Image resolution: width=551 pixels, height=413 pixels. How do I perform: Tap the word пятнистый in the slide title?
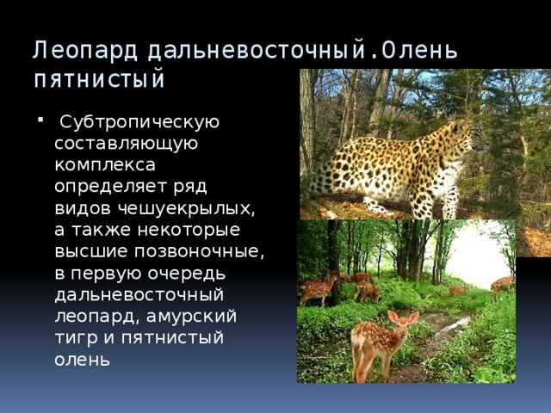98,81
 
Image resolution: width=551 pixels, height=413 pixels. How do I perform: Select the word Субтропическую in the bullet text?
139,122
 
